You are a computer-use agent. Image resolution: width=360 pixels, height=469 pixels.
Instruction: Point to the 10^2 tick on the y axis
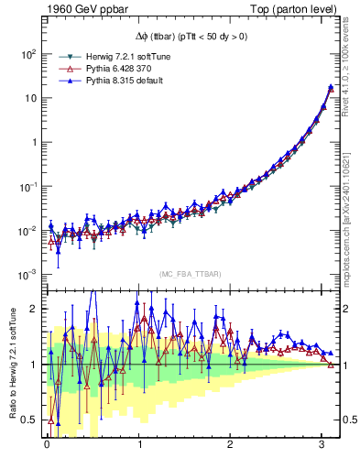[28, 54]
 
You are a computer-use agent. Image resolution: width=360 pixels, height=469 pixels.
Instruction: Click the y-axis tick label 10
[29, 98]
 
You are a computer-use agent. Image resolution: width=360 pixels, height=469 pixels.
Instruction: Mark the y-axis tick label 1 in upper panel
[32, 142]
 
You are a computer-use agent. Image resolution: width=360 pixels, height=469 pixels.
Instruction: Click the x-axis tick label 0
[46, 444]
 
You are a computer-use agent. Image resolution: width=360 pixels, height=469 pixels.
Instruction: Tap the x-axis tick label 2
[232, 444]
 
